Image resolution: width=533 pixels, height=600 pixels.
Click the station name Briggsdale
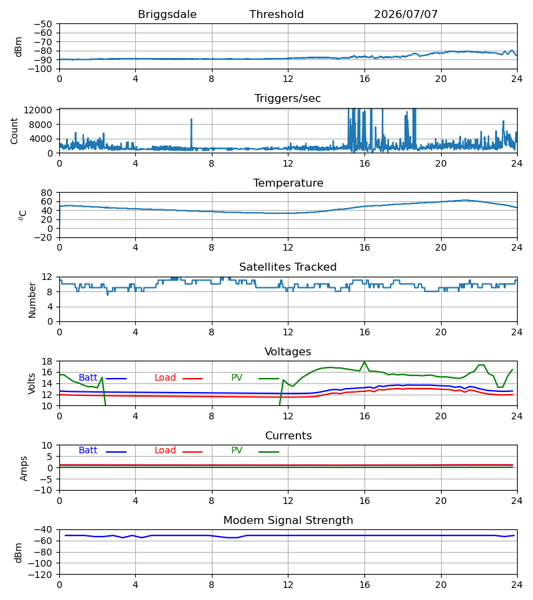167,15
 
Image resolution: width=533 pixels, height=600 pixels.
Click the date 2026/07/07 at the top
406,15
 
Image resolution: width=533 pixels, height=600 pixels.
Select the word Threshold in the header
276,15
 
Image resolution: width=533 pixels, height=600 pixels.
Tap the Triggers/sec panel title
288,99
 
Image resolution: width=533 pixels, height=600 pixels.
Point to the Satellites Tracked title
288,267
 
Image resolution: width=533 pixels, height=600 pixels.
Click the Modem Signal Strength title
288,521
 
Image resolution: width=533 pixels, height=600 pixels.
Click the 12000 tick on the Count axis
38,110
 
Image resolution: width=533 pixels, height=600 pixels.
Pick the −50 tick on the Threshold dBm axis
43,24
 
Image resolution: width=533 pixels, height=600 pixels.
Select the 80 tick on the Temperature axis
47,193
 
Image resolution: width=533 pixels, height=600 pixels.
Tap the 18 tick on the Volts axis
47,361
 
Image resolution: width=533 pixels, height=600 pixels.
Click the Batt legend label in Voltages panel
88,378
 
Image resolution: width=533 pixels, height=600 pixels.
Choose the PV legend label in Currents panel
237,451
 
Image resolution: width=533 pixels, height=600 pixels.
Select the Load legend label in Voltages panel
165,378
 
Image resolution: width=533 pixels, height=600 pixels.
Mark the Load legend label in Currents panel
165,451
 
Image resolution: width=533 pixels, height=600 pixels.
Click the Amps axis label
24,468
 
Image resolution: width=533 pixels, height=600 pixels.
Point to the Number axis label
32,300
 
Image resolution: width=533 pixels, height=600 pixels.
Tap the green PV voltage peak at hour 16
364,361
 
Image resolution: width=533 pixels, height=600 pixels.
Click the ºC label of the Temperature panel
23,215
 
